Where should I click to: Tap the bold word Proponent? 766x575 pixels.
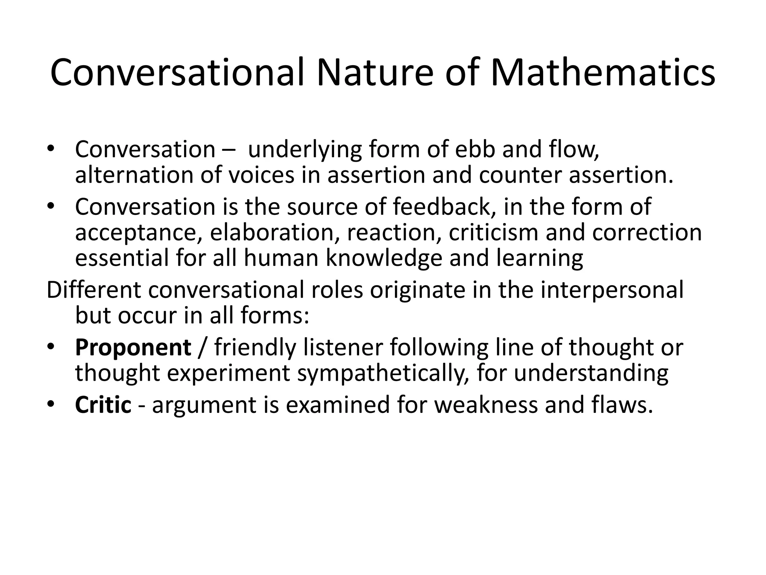coord(133,347)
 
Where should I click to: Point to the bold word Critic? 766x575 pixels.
coord(103,405)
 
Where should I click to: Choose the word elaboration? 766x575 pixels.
coord(272,232)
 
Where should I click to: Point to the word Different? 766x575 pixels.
coord(94,290)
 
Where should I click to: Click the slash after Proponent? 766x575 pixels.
coord(202,347)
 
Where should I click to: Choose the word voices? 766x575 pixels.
coord(261,175)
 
